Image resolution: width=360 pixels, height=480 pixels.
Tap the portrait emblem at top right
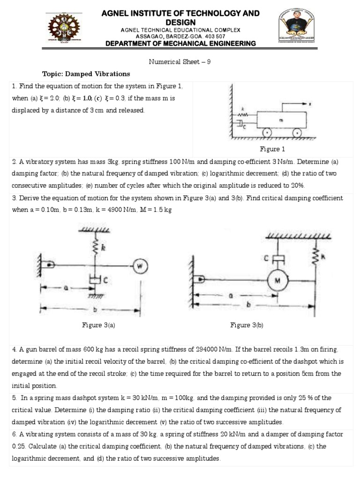tap(297, 28)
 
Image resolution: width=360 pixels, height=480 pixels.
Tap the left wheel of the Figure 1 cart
tap(267, 133)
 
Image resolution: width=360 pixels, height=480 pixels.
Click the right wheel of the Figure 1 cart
tap(296, 133)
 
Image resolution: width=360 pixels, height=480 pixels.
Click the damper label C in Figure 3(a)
tap(106, 281)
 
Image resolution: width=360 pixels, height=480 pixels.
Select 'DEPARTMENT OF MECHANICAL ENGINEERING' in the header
tap(180, 43)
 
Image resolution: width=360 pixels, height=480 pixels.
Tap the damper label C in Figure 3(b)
tap(266, 258)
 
